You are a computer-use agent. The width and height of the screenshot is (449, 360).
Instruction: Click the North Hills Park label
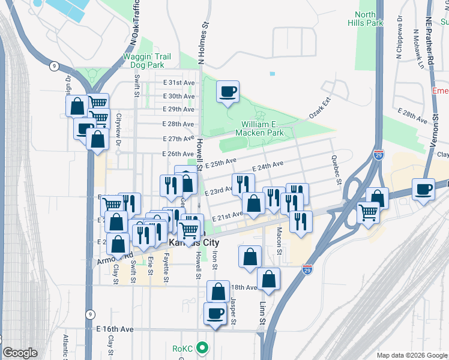[x=364, y=19]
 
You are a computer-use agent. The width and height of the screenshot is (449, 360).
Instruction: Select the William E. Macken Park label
[x=259, y=128]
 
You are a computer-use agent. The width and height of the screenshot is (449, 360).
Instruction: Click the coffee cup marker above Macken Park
[x=228, y=92]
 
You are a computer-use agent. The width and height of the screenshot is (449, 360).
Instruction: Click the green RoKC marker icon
[x=203, y=347]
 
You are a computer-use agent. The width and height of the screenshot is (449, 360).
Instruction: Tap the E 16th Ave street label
[x=115, y=329]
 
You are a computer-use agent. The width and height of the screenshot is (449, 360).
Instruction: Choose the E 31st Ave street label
[x=179, y=82]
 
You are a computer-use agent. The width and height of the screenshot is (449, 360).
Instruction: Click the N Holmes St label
[x=203, y=44]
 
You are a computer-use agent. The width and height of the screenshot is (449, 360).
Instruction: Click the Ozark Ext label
[x=320, y=110]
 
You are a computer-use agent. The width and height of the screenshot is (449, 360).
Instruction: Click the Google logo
[x=20, y=353]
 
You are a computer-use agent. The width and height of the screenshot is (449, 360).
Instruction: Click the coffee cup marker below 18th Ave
[x=215, y=313]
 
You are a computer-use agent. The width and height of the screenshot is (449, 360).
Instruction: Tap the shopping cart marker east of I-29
[x=367, y=212]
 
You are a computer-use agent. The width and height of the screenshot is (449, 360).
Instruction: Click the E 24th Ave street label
[x=268, y=166]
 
